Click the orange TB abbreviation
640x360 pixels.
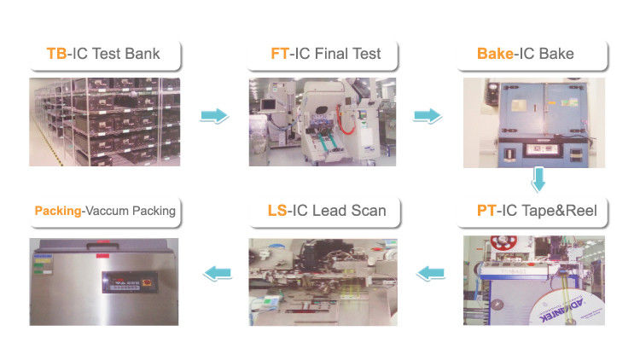56,55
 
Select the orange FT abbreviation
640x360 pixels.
279,55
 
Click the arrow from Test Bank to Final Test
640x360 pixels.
214,115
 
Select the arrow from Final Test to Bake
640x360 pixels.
428,115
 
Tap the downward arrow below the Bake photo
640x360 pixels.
538,180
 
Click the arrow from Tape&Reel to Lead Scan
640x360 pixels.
431,273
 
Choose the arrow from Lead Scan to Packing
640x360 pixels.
216,273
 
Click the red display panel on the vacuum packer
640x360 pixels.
126,282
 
